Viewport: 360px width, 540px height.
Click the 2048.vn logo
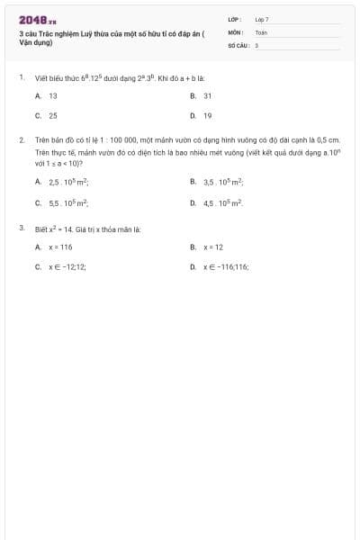pos(38,19)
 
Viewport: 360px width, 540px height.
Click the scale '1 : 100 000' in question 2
pos(105,140)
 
